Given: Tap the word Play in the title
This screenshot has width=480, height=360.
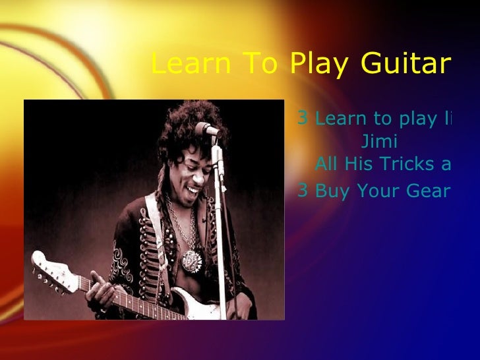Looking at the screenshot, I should tap(322, 64).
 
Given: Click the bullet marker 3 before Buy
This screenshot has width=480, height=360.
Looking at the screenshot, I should tap(303, 191).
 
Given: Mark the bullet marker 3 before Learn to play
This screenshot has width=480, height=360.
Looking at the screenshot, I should tap(303, 118).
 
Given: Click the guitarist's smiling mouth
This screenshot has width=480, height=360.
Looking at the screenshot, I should tap(193, 191).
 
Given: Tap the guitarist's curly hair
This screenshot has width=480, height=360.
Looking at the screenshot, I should tap(181, 125).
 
